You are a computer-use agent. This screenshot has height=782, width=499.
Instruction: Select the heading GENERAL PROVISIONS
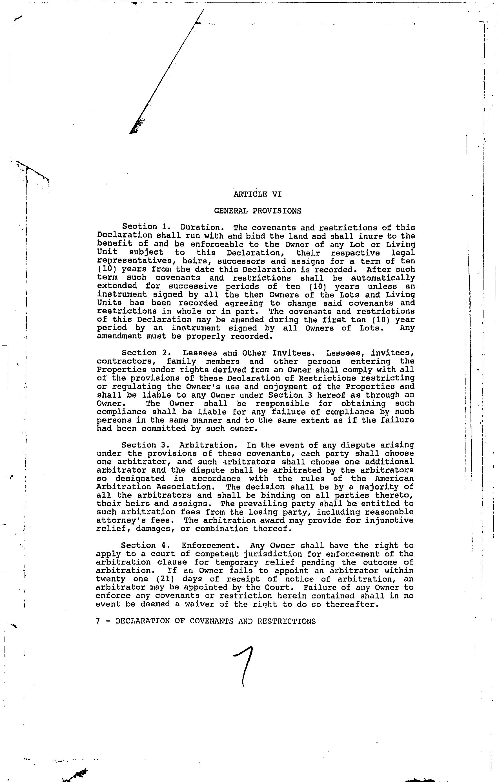click(x=257, y=211)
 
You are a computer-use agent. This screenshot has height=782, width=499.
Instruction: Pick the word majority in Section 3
click(x=379, y=487)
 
